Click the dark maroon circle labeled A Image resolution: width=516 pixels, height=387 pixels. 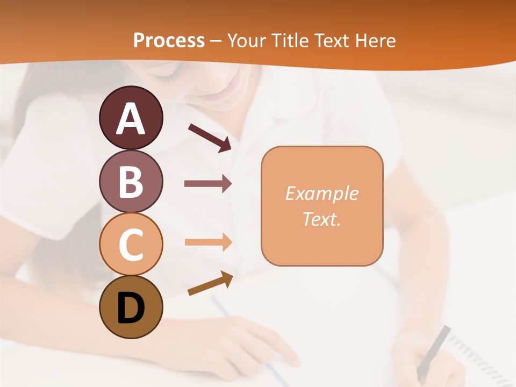(131, 118)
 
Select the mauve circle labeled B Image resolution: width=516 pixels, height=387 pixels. (131, 181)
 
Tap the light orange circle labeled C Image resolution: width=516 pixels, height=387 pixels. (131, 244)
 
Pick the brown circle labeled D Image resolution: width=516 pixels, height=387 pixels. (131, 307)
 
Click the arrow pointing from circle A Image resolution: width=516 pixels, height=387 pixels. (210, 138)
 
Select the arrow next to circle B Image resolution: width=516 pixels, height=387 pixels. (208, 184)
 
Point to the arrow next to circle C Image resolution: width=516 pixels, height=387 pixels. (208, 242)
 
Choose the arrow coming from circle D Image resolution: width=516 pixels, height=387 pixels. (210, 283)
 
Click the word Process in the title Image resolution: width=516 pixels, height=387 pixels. (169, 40)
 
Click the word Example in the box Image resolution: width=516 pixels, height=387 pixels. (321, 193)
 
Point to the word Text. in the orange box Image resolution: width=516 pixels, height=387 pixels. (321, 219)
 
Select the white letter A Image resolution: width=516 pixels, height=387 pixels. (131, 119)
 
